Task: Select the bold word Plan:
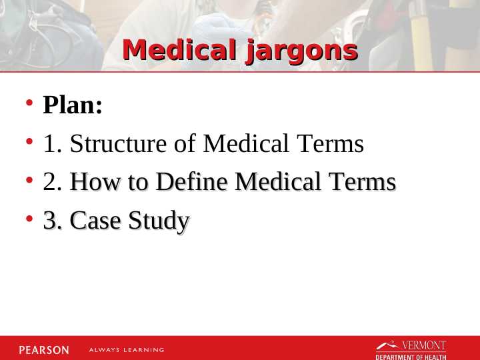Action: pos(73,105)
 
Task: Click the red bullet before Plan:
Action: pos(29,104)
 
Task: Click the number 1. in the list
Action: pos(53,144)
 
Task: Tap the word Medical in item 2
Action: pos(276,182)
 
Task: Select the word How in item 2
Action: pos(91,182)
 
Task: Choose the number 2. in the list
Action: pos(53,182)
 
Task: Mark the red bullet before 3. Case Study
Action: pos(29,219)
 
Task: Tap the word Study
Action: pos(159,221)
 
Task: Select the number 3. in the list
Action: pos(53,221)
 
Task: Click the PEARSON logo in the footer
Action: pos(43,349)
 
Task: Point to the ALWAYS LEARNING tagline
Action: pos(127,350)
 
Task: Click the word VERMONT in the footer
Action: pos(423,345)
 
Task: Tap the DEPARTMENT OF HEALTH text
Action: pos(411,357)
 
